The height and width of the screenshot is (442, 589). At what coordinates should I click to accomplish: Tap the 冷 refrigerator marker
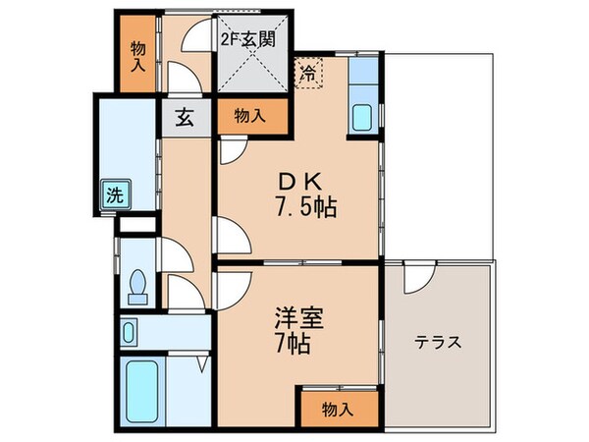point(308,73)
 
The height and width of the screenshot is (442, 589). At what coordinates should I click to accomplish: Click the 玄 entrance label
point(184,117)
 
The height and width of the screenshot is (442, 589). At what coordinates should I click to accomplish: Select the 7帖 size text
point(294,346)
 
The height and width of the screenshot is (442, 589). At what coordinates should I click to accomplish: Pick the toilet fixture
point(137,284)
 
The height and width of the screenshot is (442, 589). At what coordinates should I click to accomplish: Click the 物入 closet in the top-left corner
point(137,54)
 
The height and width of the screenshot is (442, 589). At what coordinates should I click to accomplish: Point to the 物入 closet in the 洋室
point(338,411)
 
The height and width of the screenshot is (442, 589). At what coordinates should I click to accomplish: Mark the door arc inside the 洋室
point(232,288)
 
